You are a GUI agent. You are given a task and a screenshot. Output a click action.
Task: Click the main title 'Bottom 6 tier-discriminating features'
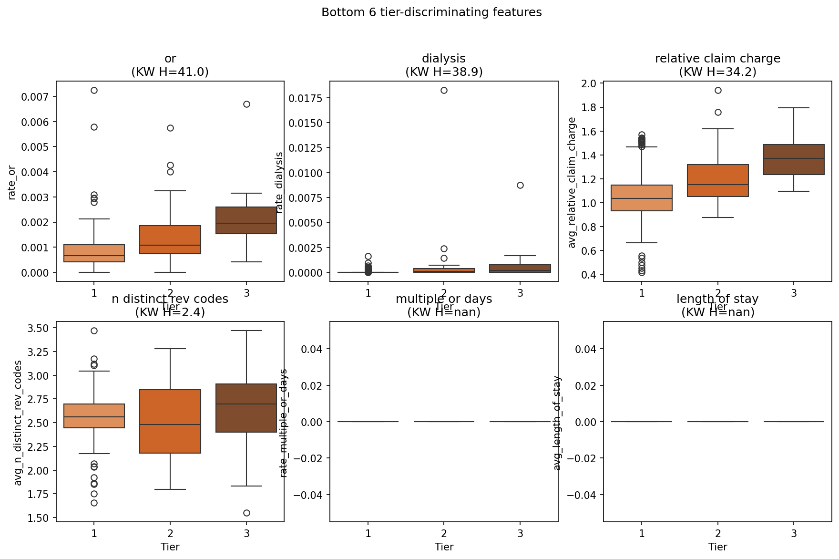pyautogui.click(x=431, y=12)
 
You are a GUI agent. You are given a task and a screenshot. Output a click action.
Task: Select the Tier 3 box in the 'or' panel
pyautogui.click(x=246, y=220)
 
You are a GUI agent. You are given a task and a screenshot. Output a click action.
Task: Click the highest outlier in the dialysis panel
pyautogui.click(x=444, y=90)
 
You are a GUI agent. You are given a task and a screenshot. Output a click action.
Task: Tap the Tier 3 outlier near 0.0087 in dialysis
pyautogui.click(x=520, y=185)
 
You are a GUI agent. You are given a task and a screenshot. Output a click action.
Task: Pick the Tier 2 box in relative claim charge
pyautogui.click(x=718, y=180)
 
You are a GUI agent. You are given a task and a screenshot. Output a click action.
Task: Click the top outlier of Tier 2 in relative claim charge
pyautogui.click(x=718, y=90)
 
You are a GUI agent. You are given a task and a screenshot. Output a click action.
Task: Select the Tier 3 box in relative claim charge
pyautogui.click(x=794, y=159)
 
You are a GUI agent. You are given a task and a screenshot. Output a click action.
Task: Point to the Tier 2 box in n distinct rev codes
pyautogui.click(x=170, y=421)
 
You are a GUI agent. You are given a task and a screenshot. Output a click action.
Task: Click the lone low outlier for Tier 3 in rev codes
pyautogui.click(x=246, y=513)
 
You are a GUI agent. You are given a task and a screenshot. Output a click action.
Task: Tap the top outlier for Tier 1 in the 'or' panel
pyautogui.click(x=94, y=90)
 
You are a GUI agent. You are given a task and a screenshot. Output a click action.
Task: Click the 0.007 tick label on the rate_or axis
pyautogui.click(x=35, y=97)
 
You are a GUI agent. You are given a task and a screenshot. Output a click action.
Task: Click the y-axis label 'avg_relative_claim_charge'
pyautogui.click(x=572, y=182)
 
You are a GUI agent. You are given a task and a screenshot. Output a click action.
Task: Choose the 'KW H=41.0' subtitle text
pyautogui.click(x=170, y=72)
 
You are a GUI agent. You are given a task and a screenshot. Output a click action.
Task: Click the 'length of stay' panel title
pyautogui.click(x=717, y=299)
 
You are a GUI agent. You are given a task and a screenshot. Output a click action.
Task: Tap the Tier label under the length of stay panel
pyautogui.click(x=717, y=547)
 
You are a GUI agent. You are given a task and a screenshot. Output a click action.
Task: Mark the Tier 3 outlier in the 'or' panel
pyautogui.click(x=246, y=104)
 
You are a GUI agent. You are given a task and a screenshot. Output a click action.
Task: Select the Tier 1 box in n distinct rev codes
pyautogui.click(x=94, y=416)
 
